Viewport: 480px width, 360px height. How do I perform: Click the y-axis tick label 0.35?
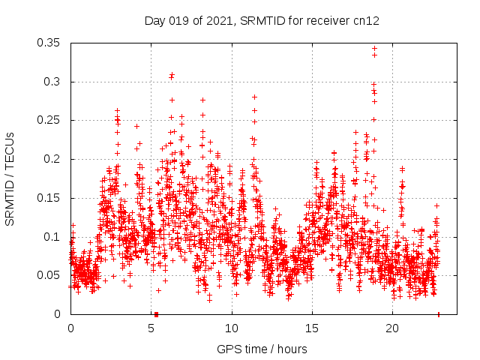[49, 43]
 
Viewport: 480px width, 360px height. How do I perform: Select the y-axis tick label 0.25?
[49, 120]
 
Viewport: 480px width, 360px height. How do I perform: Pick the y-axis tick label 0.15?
[49, 198]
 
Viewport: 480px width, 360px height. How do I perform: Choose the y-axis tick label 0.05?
[49, 275]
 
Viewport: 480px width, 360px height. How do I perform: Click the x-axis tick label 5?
[151, 328]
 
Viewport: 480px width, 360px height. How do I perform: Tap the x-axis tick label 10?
[231, 328]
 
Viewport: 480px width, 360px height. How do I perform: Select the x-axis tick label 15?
[311, 328]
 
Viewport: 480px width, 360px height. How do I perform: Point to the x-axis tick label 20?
[391, 328]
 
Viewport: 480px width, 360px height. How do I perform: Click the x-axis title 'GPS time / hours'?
[262, 349]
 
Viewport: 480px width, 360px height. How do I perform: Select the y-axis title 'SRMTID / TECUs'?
[10, 178]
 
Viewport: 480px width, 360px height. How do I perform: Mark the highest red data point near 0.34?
[374, 49]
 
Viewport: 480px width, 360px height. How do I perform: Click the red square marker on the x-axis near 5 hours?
[156, 314]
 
